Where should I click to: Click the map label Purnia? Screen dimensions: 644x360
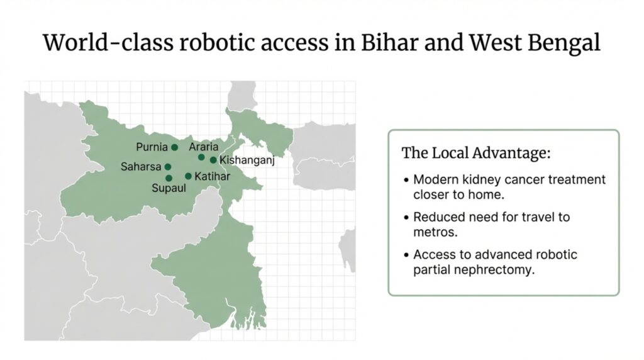(x=152, y=147)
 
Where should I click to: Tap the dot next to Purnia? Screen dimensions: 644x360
(x=175, y=147)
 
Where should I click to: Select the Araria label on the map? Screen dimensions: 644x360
(x=203, y=147)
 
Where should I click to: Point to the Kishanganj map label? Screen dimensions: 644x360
(x=247, y=160)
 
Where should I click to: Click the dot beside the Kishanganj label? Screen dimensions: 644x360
(x=213, y=160)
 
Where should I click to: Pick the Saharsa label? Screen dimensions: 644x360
(x=141, y=167)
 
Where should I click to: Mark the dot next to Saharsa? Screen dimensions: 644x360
(x=167, y=167)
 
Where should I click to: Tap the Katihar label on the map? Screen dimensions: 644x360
(x=213, y=176)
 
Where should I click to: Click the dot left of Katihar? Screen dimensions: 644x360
(x=188, y=176)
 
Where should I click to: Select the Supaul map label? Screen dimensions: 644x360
(x=169, y=188)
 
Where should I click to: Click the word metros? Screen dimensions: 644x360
(x=435, y=232)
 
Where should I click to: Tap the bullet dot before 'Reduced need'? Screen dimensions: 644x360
(x=406, y=217)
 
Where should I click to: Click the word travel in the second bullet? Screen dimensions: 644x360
(x=531, y=217)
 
